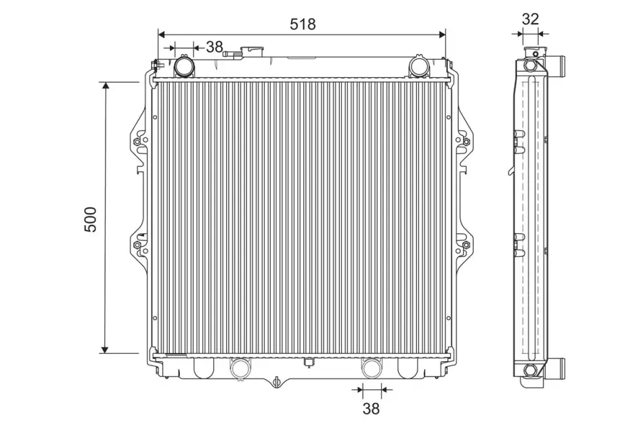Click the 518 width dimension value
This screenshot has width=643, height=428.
pyautogui.click(x=303, y=24)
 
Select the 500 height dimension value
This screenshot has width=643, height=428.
pyautogui.click(x=90, y=219)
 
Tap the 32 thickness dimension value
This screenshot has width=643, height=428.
pyautogui.click(x=530, y=19)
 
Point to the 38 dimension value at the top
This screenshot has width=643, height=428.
pyautogui.click(x=214, y=47)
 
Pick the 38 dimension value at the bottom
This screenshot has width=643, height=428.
pyautogui.click(x=371, y=408)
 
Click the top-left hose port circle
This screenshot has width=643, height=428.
pyautogui.click(x=184, y=66)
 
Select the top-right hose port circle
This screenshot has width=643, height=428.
pyautogui.click(x=419, y=66)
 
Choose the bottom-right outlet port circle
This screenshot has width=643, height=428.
pyautogui.click(x=371, y=367)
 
